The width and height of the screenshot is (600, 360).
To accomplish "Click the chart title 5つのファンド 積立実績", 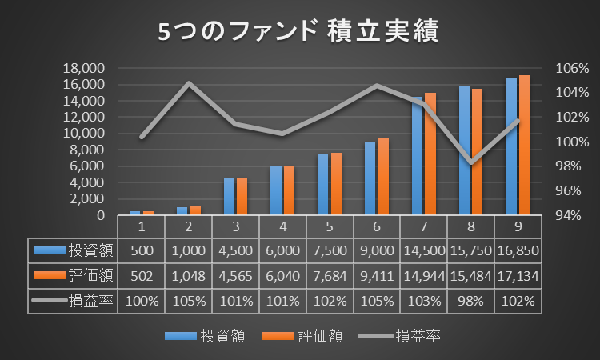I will coord(299,33).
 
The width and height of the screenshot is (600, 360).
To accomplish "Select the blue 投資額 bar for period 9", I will coord(511,146).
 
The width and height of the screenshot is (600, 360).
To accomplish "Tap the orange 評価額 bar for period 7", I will coord(430,154).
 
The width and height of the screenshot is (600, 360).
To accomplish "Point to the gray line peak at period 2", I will coord(189,82).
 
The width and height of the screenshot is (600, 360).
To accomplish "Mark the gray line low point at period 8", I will coord(471,162).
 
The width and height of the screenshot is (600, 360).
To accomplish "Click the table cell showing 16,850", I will coord(518,250).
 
